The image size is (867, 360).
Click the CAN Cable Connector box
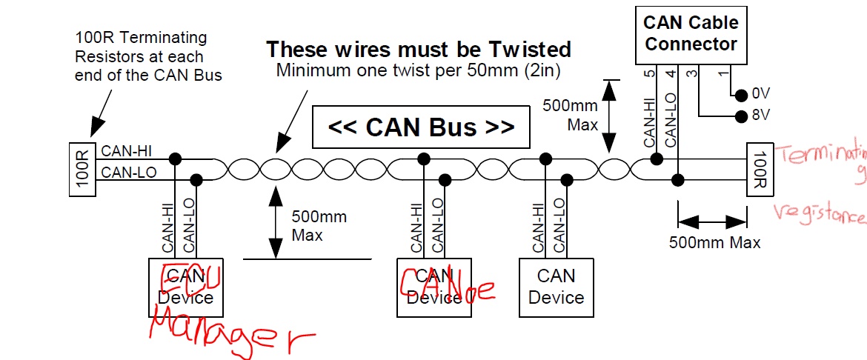point(691,34)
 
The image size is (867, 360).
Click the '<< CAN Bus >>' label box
point(421,127)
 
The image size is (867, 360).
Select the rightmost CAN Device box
point(556,287)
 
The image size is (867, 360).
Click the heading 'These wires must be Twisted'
point(419,50)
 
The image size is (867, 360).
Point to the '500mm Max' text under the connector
point(714,241)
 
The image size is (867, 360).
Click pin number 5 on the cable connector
point(650,73)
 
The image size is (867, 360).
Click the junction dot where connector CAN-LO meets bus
point(677,179)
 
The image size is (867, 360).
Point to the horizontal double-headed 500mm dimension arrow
point(711,221)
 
